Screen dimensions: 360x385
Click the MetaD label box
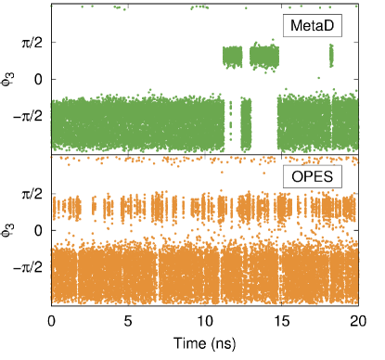(313, 27)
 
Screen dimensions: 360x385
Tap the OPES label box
(313, 177)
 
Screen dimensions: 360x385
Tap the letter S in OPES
(328, 177)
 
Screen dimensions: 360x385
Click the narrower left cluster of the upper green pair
(232, 58)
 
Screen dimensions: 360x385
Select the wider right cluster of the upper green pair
(263, 58)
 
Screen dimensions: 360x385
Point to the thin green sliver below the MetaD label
(331, 58)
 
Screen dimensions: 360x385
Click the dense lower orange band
(204, 273)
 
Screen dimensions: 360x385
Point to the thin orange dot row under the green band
(204, 159)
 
